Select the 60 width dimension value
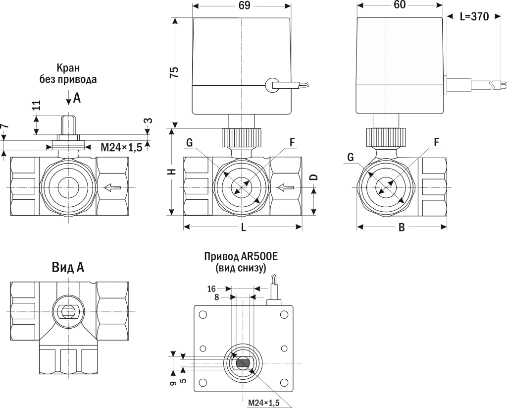coord(400,5)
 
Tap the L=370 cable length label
coord(474,16)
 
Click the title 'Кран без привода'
coord(68,73)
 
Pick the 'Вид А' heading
coord(68,268)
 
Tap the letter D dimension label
coord(313,177)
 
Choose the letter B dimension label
coord(402,228)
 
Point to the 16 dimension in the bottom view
coord(211,289)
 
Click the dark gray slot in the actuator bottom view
coord(242,363)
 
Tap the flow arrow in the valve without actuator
coord(112,187)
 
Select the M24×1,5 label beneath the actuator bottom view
coord(263,402)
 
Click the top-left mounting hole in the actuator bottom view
coord(202,314)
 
